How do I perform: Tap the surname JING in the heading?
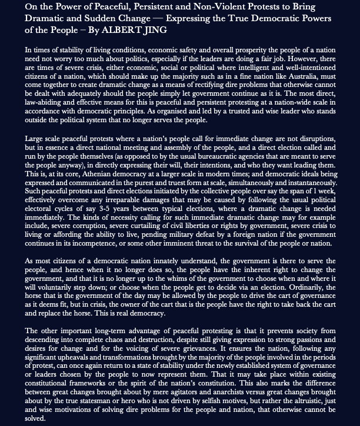pos(156,29)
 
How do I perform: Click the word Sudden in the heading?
pos(98,18)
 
